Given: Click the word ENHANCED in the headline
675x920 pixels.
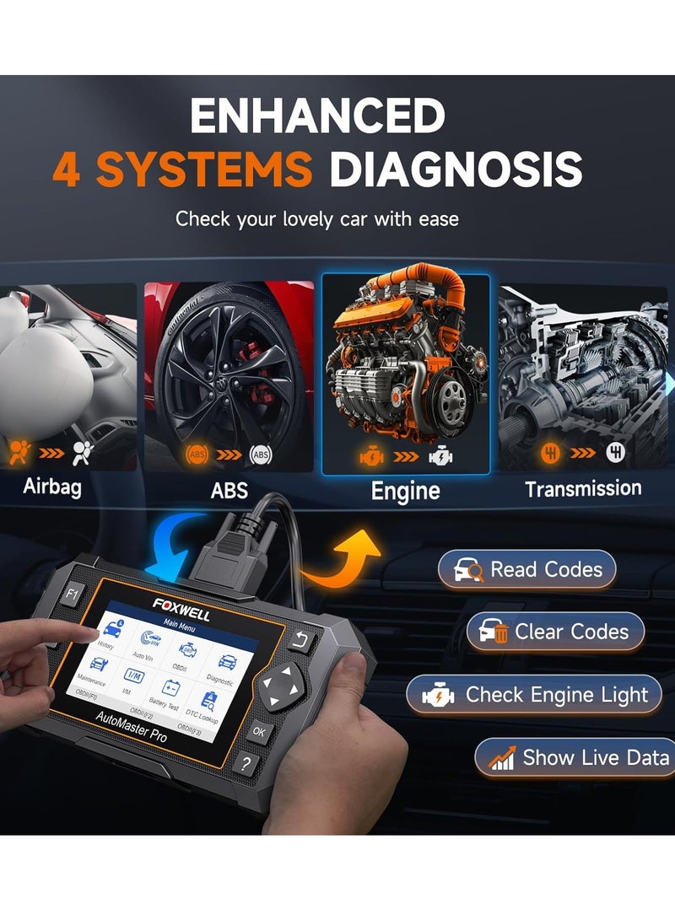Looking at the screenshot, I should pyautogui.click(x=317, y=116).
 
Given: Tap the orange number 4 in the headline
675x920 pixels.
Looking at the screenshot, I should pyautogui.click(x=70, y=169).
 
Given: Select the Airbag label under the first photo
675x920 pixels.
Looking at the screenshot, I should pyautogui.click(x=52, y=487).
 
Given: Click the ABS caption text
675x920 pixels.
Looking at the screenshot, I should pyautogui.click(x=229, y=490).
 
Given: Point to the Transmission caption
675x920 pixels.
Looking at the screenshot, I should pyautogui.click(x=583, y=488).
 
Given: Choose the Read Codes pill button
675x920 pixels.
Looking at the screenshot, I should pyautogui.click(x=526, y=570).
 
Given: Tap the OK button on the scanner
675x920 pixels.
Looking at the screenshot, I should pyautogui.click(x=260, y=732).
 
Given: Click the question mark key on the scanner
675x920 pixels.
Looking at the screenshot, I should pyautogui.click(x=246, y=764).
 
